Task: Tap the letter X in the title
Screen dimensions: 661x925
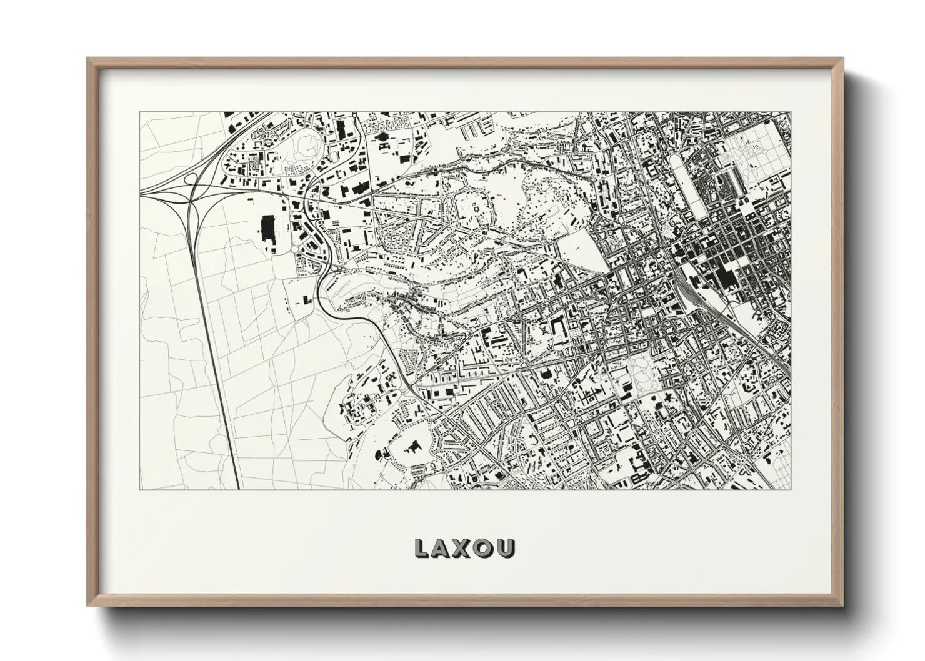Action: tap(463, 548)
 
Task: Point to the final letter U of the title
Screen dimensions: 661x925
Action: tap(506, 548)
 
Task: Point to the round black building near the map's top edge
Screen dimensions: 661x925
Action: tap(383, 136)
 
